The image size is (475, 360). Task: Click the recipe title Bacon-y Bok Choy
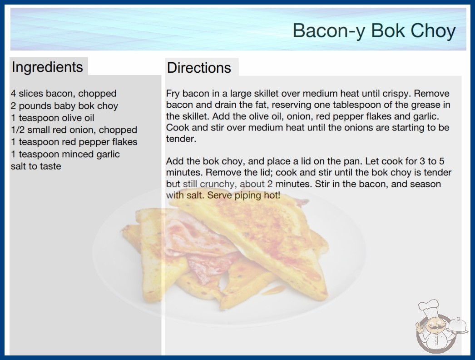(374, 31)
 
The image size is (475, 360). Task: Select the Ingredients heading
(47, 67)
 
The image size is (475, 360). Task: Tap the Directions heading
(199, 68)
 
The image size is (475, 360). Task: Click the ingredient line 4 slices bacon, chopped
(64, 94)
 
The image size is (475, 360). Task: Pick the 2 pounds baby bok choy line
(64, 106)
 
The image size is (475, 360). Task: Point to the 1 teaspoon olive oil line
(53, 118)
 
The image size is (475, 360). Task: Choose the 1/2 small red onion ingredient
(74, 130)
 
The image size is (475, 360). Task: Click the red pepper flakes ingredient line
(74, 142)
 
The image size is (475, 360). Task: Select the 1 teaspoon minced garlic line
(65, 154)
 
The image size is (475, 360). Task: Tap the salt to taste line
(36, 166)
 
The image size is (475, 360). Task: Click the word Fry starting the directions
(173, 94)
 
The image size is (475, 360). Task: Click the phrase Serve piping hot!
(243, 195)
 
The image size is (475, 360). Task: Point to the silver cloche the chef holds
(458, 326)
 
